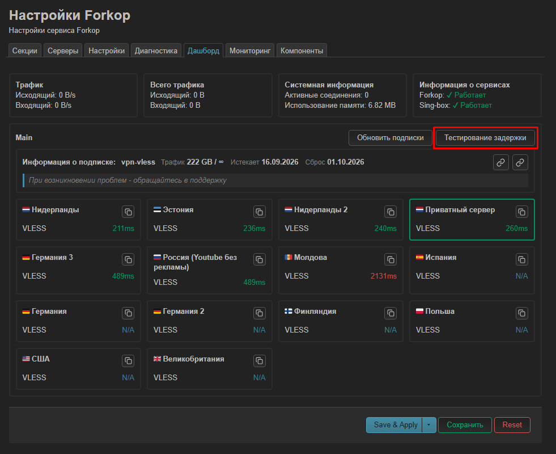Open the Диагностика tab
[156, 51]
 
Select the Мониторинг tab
[250, 51]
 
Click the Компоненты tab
[302, 51]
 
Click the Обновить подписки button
[391, 138]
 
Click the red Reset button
[512, 425]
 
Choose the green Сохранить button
[465, 425]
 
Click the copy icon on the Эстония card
[260, 212]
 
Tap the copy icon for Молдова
[391, 259]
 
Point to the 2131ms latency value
[384, 276]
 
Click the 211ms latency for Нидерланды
[124, 228]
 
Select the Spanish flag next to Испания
[419, 257]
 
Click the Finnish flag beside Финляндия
[288, 312]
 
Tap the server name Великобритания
[194, 359]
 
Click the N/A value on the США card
[128, 377]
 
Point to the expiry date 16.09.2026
[280, 162]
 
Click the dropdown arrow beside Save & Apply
[428, 425]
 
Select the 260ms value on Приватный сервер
[517, 228]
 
